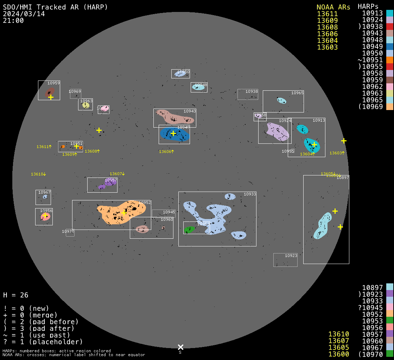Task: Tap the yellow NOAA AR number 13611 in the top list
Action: tap(327, 14)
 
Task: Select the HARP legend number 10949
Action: tap(373, 47)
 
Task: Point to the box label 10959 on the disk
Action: tap(53, 83)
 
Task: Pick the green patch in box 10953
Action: tap(189, 230)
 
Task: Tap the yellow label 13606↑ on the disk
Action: tap(166, 152)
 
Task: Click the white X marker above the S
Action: tap(180, 347)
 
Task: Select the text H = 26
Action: tap(16, 295)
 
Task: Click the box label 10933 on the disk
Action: tap(250, 194)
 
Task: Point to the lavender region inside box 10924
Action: tap(278, 131)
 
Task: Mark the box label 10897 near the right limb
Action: tap(343, 178)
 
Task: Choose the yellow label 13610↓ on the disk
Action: tap(38, 174)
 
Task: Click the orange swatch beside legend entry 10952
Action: tap(389, 314)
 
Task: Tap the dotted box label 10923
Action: tap(291, 256)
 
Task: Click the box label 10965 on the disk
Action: tap(297, 93)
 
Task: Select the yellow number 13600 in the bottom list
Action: tap(338, 354)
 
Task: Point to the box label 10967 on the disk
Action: tap(44, 192)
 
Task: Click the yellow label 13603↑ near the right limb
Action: tap(337, 153)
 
